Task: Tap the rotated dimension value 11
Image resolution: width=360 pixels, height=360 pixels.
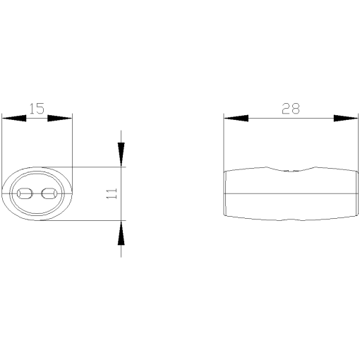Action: pyautogui.click(x=112, y=194)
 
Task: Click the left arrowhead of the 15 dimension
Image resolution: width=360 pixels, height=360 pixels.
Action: pyautogui.click(x=14, y=118)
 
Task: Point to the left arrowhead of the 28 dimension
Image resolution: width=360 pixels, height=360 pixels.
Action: pyautogui.click(x=236, y=118)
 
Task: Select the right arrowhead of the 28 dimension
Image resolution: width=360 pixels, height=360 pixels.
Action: pyautogui.click(x=346, y=118)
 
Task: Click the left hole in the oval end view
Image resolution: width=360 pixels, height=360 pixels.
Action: pyautogui.click(x=25, y=193)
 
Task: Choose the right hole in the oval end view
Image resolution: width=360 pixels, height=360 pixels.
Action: pyautogui.click(x=49, y=193)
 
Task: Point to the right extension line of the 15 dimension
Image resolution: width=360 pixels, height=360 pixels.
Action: pyautogui.click(x=73, y=141)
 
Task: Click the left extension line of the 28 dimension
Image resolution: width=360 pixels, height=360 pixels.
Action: pyautogui.click(x=224, y=141)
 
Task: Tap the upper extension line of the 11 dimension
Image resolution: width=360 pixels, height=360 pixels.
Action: pyautogui.click(x=99, y=167)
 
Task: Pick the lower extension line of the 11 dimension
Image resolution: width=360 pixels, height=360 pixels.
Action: pyautogui.click(x=99, y=220)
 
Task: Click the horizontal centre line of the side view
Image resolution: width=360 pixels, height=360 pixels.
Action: pyautogui.click(x=290, y=193)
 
